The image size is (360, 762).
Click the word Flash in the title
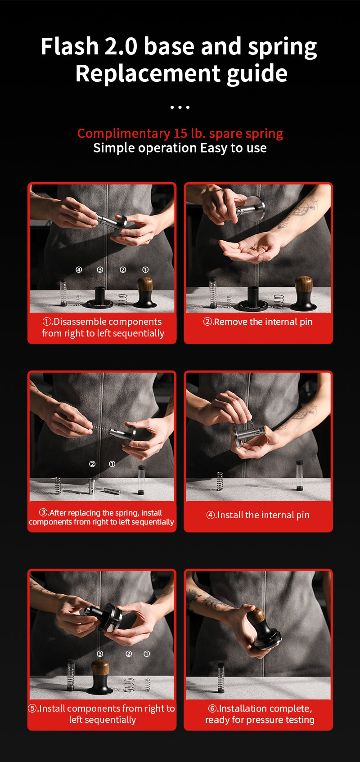click(x=70, y=47)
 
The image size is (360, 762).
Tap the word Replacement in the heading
click(x=148, y=74)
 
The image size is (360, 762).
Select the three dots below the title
click(x=180, y=107)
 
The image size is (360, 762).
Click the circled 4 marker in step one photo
click(x=79, y=270)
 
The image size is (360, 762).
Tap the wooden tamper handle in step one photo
click(x=145, y=285)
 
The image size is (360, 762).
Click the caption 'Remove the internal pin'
click(x=263, y=322)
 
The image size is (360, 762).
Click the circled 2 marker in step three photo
click(x=92, y=464)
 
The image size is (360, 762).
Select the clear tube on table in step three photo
click(x=141, y=480)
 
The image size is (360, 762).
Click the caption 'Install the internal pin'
click(x=263, y=515)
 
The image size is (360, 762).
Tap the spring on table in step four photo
click(x=220, y=480)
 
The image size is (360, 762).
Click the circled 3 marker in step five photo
click(x=100, y=654)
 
